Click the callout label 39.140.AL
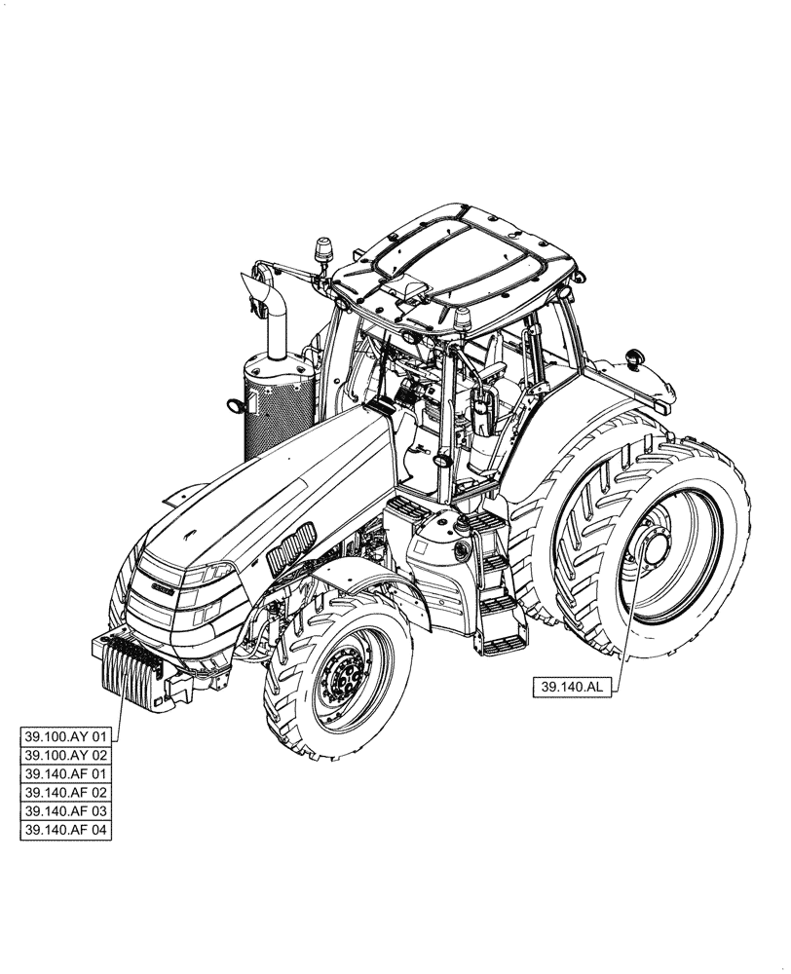coord(571,687)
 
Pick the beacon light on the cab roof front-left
coord(323,250)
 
